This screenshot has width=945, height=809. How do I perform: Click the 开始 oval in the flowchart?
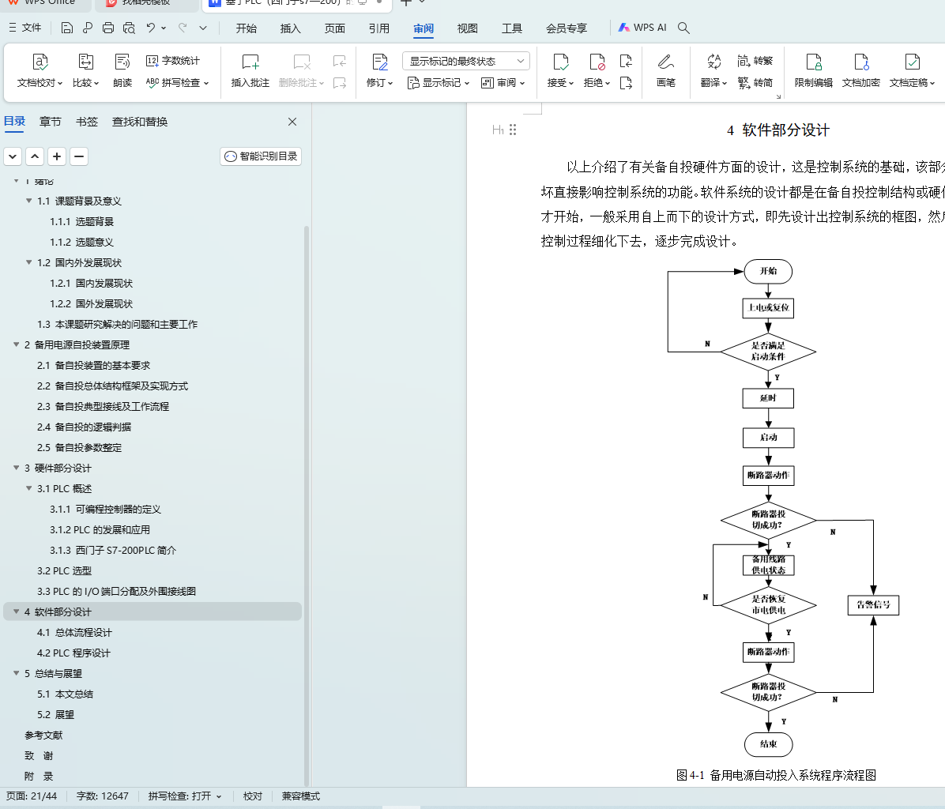768,271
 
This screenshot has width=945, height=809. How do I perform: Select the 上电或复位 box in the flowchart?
768,307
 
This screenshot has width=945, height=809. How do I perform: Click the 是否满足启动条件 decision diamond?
768,352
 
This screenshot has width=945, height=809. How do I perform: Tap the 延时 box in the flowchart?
768,398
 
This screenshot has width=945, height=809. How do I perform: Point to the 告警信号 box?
873,605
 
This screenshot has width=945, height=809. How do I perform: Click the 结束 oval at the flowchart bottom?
768,744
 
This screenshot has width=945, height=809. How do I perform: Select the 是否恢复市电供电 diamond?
768,605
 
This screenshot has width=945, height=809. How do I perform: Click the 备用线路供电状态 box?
768,565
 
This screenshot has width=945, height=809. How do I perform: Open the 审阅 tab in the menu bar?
424,28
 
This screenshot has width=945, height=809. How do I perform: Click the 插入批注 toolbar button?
250,70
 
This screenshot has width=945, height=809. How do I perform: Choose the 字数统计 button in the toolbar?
173,61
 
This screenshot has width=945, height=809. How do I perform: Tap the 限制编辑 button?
813,70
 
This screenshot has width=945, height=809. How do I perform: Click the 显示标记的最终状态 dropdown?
466,61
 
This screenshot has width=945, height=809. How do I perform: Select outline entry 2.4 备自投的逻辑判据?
85,427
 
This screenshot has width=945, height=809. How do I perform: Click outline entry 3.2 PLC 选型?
64,570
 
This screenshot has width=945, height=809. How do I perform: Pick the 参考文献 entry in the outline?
43,735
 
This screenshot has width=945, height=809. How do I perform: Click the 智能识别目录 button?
261,156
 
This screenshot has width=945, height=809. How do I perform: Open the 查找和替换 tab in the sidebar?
140,122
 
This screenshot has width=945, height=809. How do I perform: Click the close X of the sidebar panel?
292,122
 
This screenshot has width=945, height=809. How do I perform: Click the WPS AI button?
642,28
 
